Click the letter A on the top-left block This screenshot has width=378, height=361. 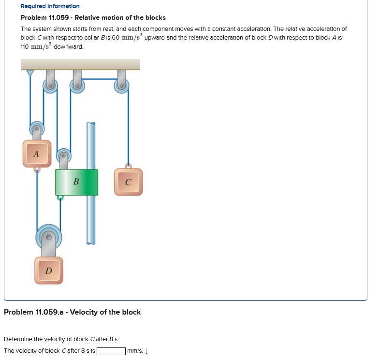click(36, 154)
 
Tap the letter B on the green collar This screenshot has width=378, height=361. click(76, 182)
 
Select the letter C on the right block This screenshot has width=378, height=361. click(128, 182)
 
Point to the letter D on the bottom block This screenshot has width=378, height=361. click(48, 270)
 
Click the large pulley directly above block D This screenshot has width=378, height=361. click(48, 236)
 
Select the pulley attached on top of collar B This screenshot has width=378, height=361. click(63, 156)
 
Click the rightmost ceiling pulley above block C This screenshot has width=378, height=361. click(121, 86)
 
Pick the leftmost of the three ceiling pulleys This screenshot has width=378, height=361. click(50, 86)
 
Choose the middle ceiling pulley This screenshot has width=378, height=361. click(77, 86)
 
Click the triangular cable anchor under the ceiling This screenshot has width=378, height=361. click(30, 73)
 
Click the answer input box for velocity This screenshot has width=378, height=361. click(111, 351)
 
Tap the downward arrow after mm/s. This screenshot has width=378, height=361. click(146, 351)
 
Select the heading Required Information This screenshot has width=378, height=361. click(50, 6)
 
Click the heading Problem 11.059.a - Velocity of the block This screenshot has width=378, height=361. click(72, 312)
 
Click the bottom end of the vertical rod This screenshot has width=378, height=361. click(91, 242)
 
